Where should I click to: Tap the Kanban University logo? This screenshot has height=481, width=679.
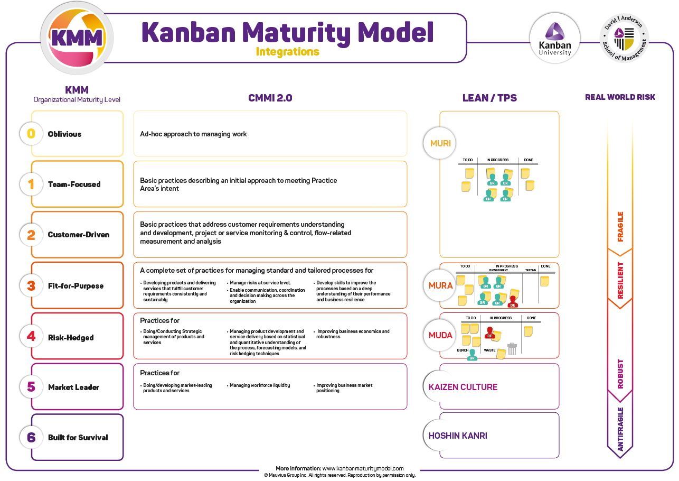point(554,39)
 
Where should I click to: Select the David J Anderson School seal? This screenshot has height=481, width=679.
point(624,38)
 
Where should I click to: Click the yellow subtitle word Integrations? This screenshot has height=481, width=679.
point(287,52)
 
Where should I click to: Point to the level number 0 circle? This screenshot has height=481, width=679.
point(31,134)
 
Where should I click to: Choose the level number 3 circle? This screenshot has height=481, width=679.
point(31,285)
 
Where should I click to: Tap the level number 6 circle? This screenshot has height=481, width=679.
point(31,437)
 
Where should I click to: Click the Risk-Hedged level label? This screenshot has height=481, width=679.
point(71,337)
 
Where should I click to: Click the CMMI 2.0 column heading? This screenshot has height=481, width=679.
point(270,98)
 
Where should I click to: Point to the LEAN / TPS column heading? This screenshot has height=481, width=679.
point(489,98)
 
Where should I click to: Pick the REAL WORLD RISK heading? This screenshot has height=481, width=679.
point(620,97)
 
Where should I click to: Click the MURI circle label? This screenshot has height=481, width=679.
point(440,143)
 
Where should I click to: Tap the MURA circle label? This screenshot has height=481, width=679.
point(440,285)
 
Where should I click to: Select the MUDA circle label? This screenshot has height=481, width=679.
point(440,335)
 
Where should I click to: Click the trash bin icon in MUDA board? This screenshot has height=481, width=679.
point(512,349)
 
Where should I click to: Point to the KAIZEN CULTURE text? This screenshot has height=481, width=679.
point(463,387)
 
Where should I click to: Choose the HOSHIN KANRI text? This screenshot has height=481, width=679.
point(457,436)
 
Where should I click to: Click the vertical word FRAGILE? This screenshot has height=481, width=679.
point(620,227)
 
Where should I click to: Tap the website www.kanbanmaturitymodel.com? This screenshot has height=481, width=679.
point(363,468)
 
